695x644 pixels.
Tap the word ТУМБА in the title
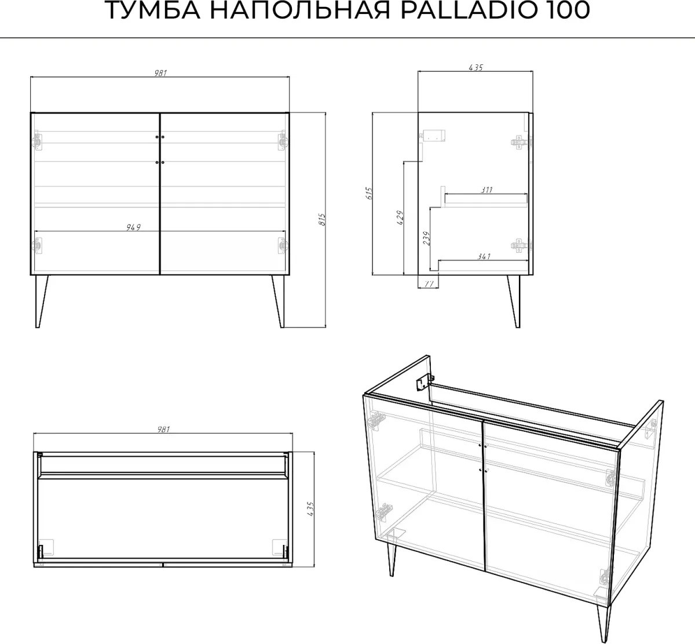(152, 10)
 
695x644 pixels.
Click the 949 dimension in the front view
(133, 227)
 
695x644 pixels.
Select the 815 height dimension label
(322, 220)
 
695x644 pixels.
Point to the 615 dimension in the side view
(369, 194)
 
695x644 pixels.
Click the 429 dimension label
(400, 217)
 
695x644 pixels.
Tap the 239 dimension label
(426, 238)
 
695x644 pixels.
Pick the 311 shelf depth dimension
(487, 190)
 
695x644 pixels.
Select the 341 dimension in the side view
(484, 256)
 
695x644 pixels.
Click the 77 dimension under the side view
(429, 284)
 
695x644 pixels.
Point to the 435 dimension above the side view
(476, 67)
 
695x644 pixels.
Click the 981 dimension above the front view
(160, 73)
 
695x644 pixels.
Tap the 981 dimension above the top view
(163, 429)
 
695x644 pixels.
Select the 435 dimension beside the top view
(310, 509)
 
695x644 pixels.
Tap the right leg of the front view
(279, 302)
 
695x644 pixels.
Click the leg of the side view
(514, 302)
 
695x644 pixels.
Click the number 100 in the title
(567, 10)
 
